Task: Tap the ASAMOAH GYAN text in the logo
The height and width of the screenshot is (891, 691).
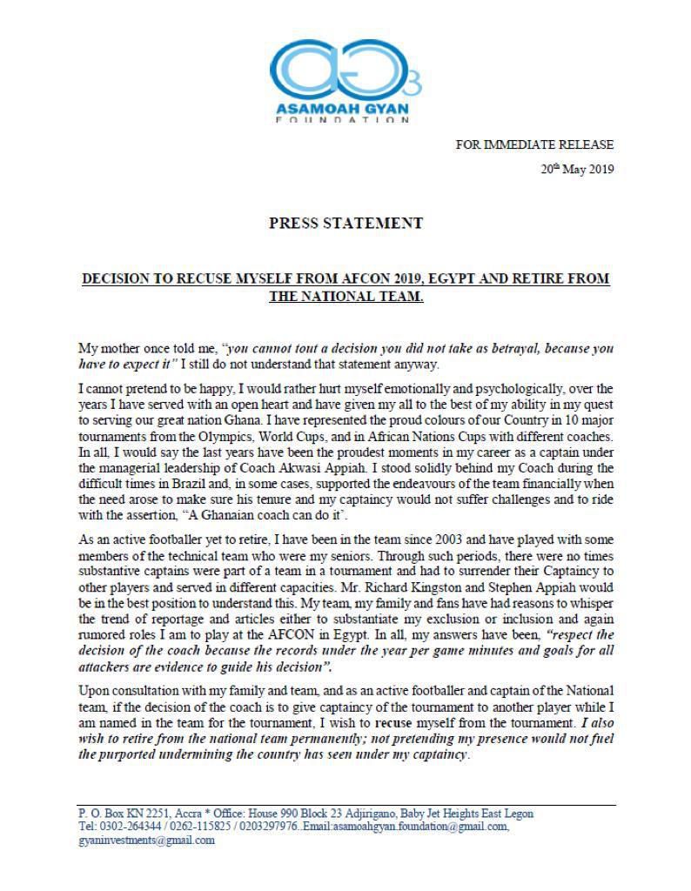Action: click(x=345, y=110)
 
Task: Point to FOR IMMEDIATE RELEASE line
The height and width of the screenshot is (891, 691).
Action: click(x=534, y=144)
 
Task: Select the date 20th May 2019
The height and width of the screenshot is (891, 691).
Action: click(x=577, y=170)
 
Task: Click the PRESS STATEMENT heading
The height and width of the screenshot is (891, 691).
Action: click(x=345, y=224)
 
